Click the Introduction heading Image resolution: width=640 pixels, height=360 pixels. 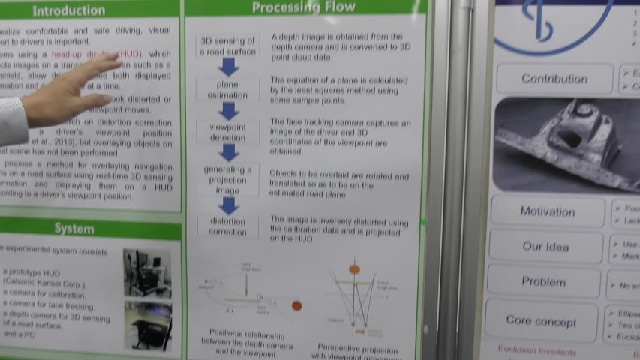68,10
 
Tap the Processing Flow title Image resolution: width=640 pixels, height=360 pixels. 303,7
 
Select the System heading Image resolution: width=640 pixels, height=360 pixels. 74,229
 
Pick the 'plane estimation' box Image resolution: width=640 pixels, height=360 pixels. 227,90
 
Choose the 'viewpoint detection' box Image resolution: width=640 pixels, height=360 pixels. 227,133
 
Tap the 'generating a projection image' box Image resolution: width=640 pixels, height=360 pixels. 228,180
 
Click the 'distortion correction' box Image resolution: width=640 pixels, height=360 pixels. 228,226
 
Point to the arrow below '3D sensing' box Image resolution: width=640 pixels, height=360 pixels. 229,67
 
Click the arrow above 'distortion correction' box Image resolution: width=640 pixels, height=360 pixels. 229,205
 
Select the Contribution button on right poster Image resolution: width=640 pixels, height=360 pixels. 554,79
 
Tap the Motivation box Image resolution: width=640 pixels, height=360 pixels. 547,212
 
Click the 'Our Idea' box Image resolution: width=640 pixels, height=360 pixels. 545,247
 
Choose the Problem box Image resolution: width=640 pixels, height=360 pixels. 543,282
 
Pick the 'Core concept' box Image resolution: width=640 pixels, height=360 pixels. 541,321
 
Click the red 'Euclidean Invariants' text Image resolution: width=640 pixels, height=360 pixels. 536,351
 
